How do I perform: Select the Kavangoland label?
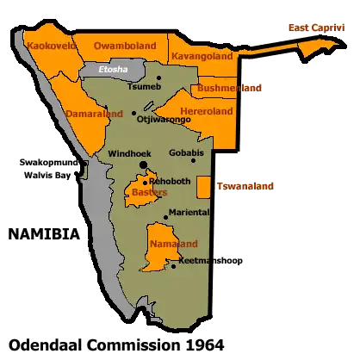tap(203, 57)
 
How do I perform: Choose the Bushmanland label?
tap(229, 88)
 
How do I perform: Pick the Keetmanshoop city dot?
tap(174, 265)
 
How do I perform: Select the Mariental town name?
tap(189, 212)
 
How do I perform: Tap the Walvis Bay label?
tap(48, 175)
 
